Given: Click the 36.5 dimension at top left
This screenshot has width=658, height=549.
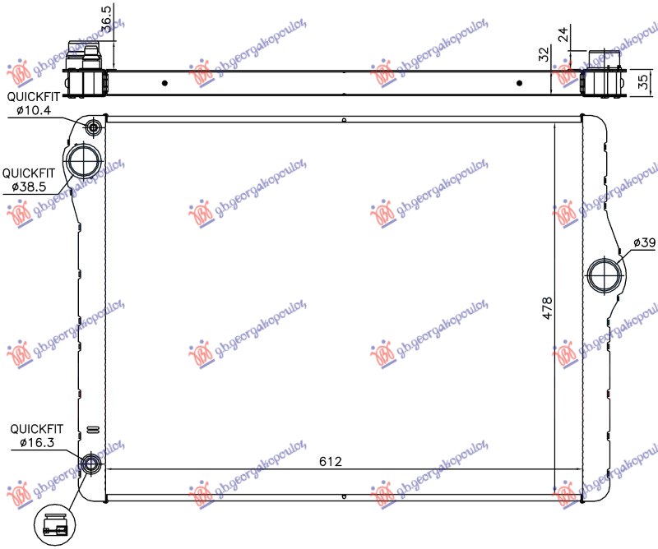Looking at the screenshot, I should coord(107,18).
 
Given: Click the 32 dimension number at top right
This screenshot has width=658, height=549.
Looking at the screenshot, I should coord(544,56).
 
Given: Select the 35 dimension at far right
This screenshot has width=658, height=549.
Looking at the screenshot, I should coord(646,81).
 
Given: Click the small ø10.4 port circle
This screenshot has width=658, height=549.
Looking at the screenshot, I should coord(92,127).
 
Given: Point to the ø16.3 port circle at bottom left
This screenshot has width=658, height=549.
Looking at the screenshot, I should coord(92,466).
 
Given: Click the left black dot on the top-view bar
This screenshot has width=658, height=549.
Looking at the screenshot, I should coord(165,82).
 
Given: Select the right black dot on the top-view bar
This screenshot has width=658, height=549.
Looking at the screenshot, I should coord(521,82).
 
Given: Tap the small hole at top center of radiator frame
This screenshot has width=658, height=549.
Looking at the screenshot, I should coord(344,121).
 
